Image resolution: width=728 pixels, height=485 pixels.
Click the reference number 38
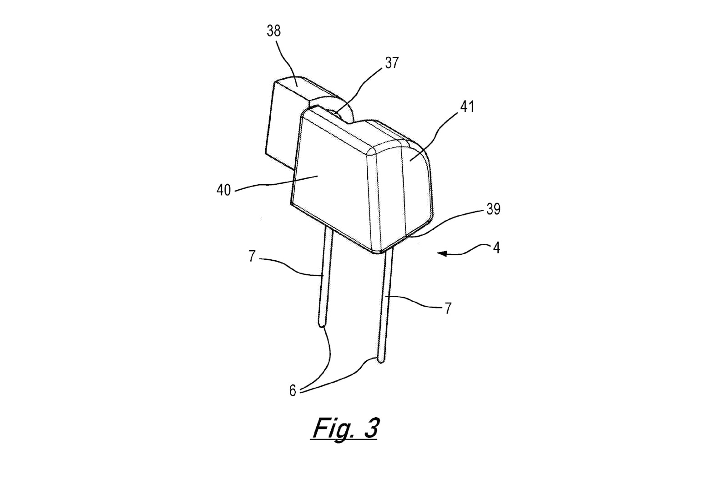(x=273, y=31)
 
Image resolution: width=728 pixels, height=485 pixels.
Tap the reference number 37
(x=392, y=63)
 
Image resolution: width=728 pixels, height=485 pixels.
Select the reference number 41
(x=467, y=106)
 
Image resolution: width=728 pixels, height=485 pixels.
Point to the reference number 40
(x=223, y=190)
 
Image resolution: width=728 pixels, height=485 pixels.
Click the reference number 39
(x=493, y=209)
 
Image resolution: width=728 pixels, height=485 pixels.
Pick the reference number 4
(x=496, y=248)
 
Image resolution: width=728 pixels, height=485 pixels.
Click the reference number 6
(x=293, y=391)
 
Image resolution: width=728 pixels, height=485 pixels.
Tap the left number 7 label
(x=252, y=256)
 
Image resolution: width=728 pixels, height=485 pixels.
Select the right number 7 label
(x=448, y=308)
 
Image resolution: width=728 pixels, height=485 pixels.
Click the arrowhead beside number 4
(x=442, y=253)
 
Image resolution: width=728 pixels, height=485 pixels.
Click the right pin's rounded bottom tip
(x=382, y=360)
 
